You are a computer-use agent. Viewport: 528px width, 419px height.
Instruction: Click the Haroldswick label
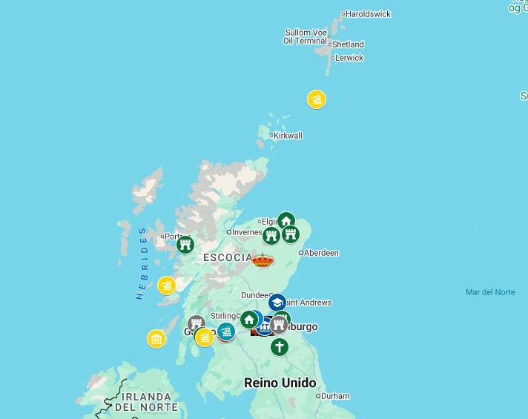pyautogui.click(x=368, y=14)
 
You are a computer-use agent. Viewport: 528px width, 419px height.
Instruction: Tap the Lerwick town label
pyautogui.click(x=349, y=58)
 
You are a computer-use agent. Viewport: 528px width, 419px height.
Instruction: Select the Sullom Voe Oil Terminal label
pyautogui.click(x=306, y=37)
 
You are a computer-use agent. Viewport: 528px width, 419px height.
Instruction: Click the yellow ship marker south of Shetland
pyautogui.click(x=317, y=99)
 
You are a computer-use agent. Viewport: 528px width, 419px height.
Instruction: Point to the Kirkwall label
pyautogui.click(x=288, y=136)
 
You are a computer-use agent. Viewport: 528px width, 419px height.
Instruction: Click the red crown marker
pyautogui.click(x=263, y=260)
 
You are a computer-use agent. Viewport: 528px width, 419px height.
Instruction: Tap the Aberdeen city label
pyautogui.click(x=321, y=253)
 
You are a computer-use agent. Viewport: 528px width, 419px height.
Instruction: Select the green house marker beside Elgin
pyautogui.click(x=286, y=221)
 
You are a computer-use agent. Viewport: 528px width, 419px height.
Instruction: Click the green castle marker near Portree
pyautogui.click(x=185, y=244)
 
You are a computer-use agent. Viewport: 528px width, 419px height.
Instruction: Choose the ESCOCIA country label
pyautogui.click(x=228, y=257)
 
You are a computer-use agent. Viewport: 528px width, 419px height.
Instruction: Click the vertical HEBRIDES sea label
pyautogui.click(x=142, y=263)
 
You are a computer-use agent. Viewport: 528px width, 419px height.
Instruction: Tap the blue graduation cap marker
pyautogui.click(x=277, y=303)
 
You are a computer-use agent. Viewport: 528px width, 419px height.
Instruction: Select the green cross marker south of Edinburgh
pyautogui.click(x=279, y=346)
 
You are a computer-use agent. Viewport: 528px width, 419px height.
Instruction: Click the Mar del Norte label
pyautogui.click(x=490, y=292)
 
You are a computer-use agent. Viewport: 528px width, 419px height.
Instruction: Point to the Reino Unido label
pyautogui.click(x=280, y=383)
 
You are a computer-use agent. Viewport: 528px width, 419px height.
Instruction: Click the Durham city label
pyautogui.click(x=335, y=396)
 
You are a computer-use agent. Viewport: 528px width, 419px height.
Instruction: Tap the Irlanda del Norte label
pyautogui.click(x=146, y=402)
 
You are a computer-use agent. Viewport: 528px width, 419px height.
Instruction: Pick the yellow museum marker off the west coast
pyautogui.click(x=156, y=339)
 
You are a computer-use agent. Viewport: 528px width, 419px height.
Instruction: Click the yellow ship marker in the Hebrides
pyautogui.click(x=167, y=285)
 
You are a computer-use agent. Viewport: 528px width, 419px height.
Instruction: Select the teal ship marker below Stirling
pyautogui.click(x=226, y=331)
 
